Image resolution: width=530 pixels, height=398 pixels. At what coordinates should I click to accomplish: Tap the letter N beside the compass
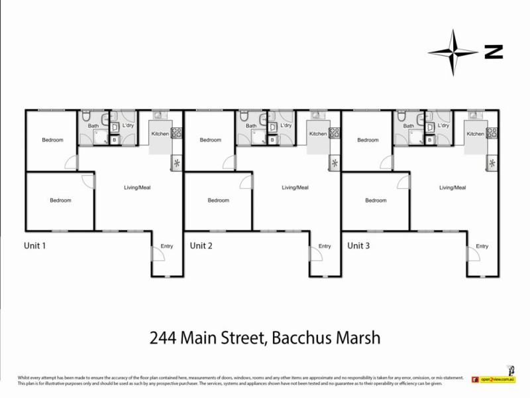493,51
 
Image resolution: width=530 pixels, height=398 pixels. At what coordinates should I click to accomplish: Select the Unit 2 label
201,245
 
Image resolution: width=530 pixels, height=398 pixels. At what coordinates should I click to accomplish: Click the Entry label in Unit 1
166,246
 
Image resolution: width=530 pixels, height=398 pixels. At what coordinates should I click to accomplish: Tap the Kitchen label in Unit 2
318,134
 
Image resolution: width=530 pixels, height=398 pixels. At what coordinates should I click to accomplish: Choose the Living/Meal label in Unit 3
452,188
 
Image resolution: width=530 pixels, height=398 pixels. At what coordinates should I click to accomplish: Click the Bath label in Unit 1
93,125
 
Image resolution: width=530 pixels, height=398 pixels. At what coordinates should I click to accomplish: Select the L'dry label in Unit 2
286,125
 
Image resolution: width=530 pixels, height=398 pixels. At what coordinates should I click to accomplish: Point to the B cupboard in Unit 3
430,140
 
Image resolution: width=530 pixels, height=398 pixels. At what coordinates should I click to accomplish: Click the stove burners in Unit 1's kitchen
176,133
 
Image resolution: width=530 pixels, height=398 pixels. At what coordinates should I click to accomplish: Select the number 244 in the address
166,338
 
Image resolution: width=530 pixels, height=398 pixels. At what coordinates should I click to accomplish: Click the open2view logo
494,380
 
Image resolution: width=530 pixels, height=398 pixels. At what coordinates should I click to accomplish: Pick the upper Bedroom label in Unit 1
52,140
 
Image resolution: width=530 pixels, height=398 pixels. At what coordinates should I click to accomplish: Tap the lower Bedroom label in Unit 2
218,200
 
